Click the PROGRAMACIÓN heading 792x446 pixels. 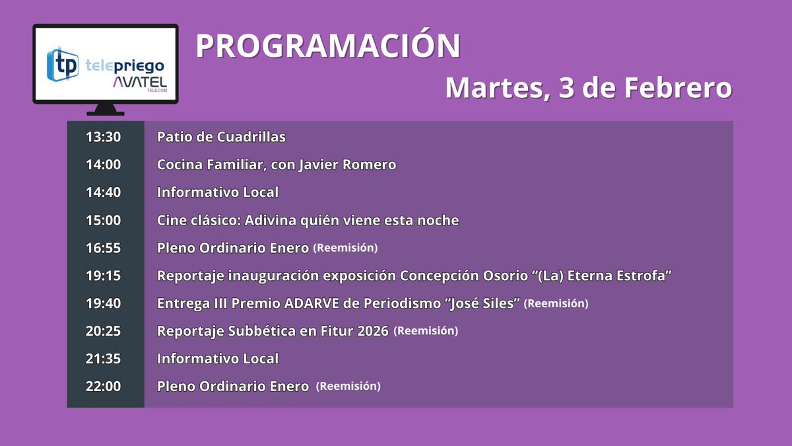[328, 46]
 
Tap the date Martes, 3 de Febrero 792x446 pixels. [588, 88]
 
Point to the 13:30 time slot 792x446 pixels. [104, 137]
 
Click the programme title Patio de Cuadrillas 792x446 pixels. [221, 137]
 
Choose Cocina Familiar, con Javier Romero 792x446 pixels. [277, 165]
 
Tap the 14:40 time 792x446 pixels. [104, 192]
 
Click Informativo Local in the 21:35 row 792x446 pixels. [218, 359]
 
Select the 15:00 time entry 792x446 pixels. [104, 220]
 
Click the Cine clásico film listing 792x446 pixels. [308, 220]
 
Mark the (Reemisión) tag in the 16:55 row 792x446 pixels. [345, 248]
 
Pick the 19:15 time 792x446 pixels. [104, 276]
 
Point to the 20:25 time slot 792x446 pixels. [104, 331]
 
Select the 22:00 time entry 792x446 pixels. [104, 387]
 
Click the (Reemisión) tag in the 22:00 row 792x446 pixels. [348, 386]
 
